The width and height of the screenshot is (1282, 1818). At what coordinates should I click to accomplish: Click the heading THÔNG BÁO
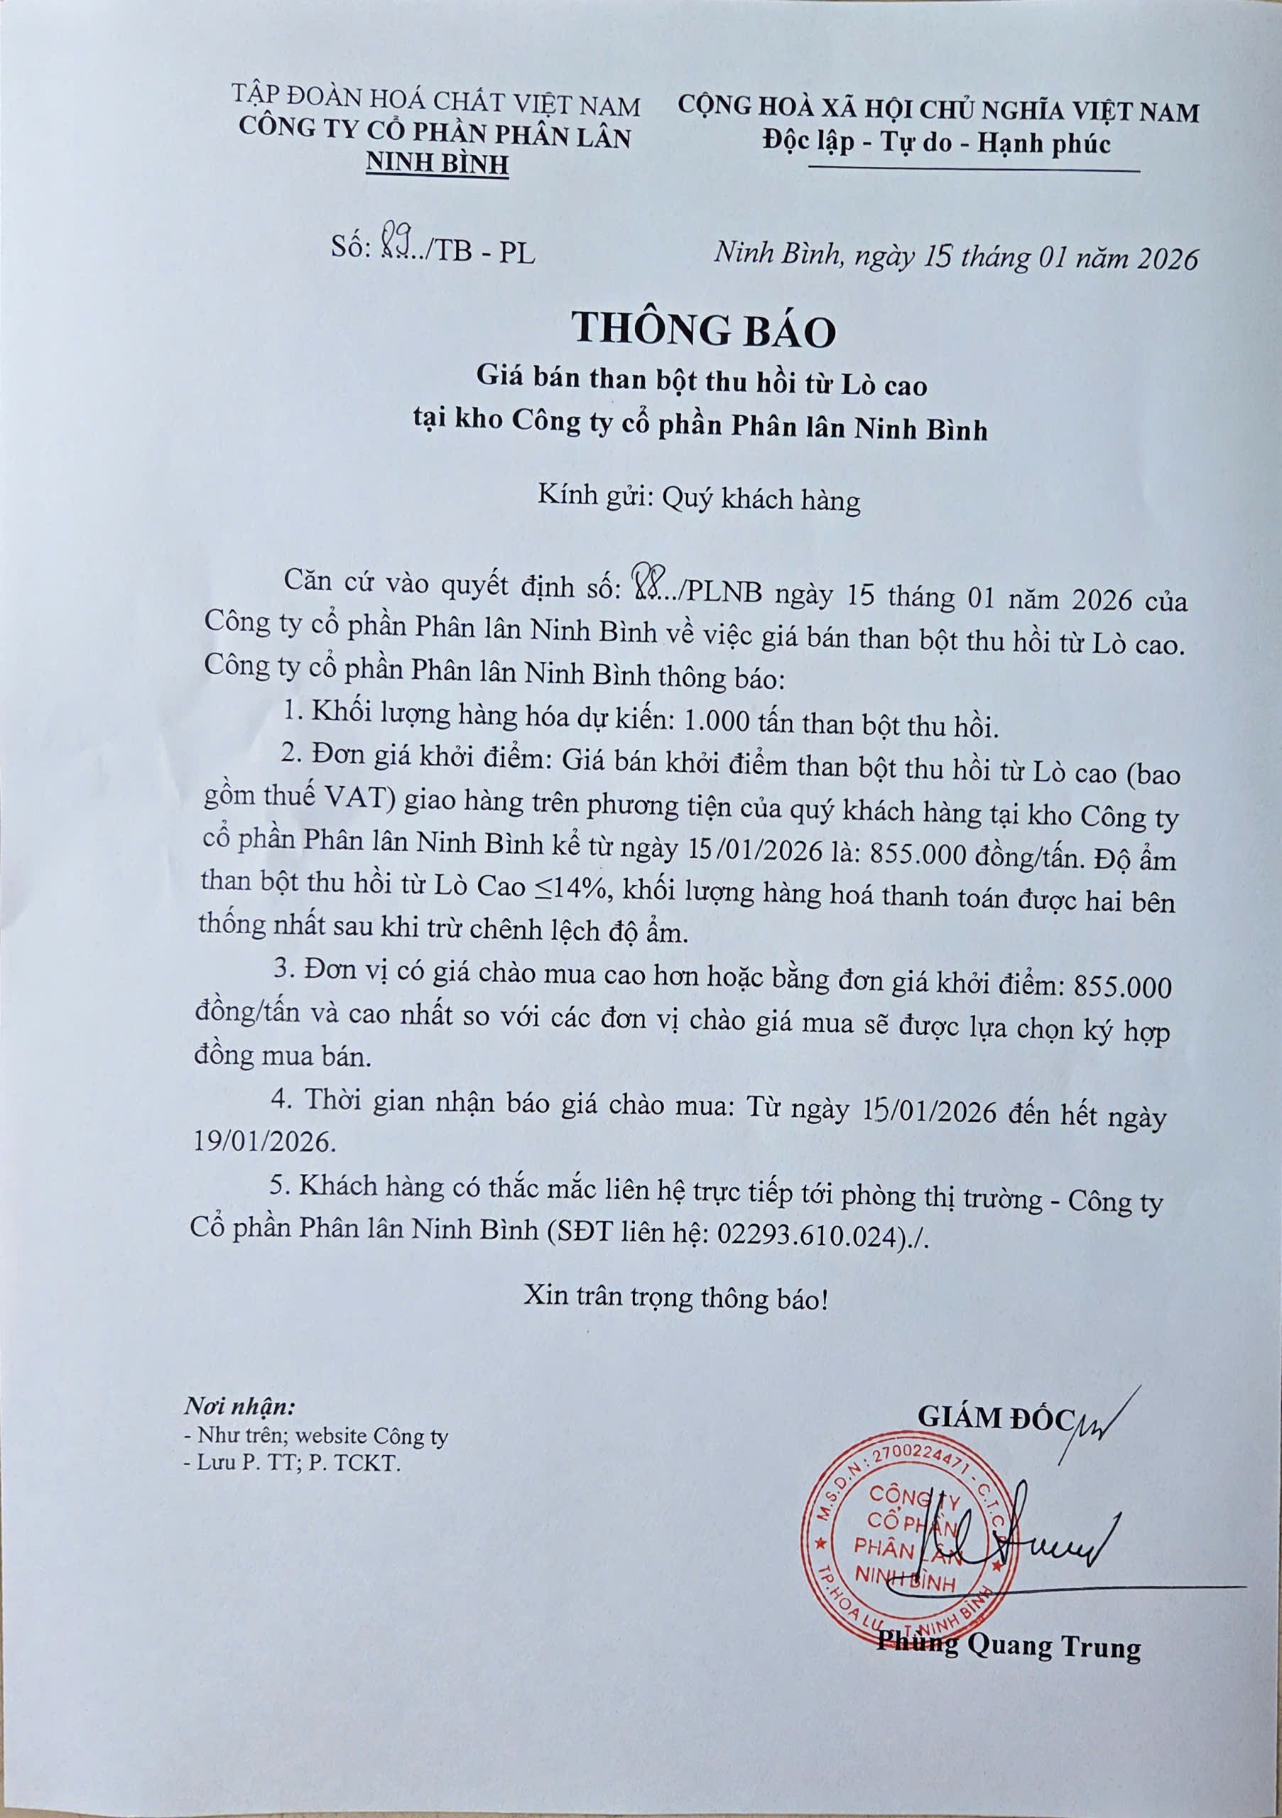click(x=704, y=331)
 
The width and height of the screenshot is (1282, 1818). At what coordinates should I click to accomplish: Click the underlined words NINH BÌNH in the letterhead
click(x=436, y=164)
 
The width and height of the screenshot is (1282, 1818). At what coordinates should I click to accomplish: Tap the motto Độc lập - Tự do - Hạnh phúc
click(x=937, y=143)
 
